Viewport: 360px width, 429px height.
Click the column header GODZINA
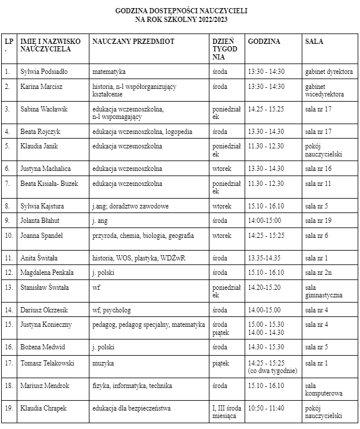click(264, 42)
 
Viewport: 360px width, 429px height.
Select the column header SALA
click(314, 42)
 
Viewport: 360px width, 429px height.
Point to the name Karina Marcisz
click(42, 87)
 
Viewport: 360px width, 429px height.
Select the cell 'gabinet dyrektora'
click(329, 72)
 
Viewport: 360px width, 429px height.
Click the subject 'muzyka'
click(103, 363)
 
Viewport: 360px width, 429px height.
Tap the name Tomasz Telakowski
click(47, 363)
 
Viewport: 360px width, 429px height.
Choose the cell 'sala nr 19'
click(318, 220)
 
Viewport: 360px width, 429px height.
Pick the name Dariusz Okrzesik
click(46, 310)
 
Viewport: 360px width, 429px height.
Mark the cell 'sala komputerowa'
click(324, 389)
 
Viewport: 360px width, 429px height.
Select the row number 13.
click(8, 287)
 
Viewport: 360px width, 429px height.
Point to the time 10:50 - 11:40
click(266, 408)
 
